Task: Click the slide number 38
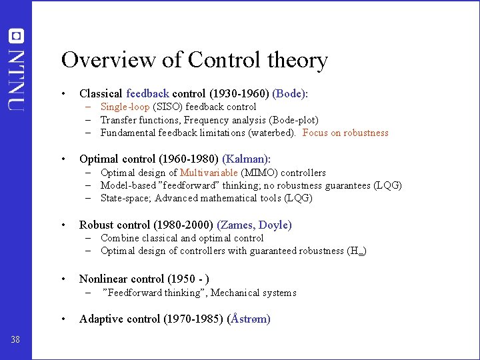(15, 340)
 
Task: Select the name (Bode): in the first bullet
(290, 94)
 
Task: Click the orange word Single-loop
(125, 107)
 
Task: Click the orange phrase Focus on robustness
(345, 133)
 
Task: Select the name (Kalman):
(247, 159)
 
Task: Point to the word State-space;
(126, 198)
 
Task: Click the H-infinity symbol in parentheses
(356, 251)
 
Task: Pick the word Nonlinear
(103, 279)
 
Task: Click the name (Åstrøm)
(249, 319)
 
